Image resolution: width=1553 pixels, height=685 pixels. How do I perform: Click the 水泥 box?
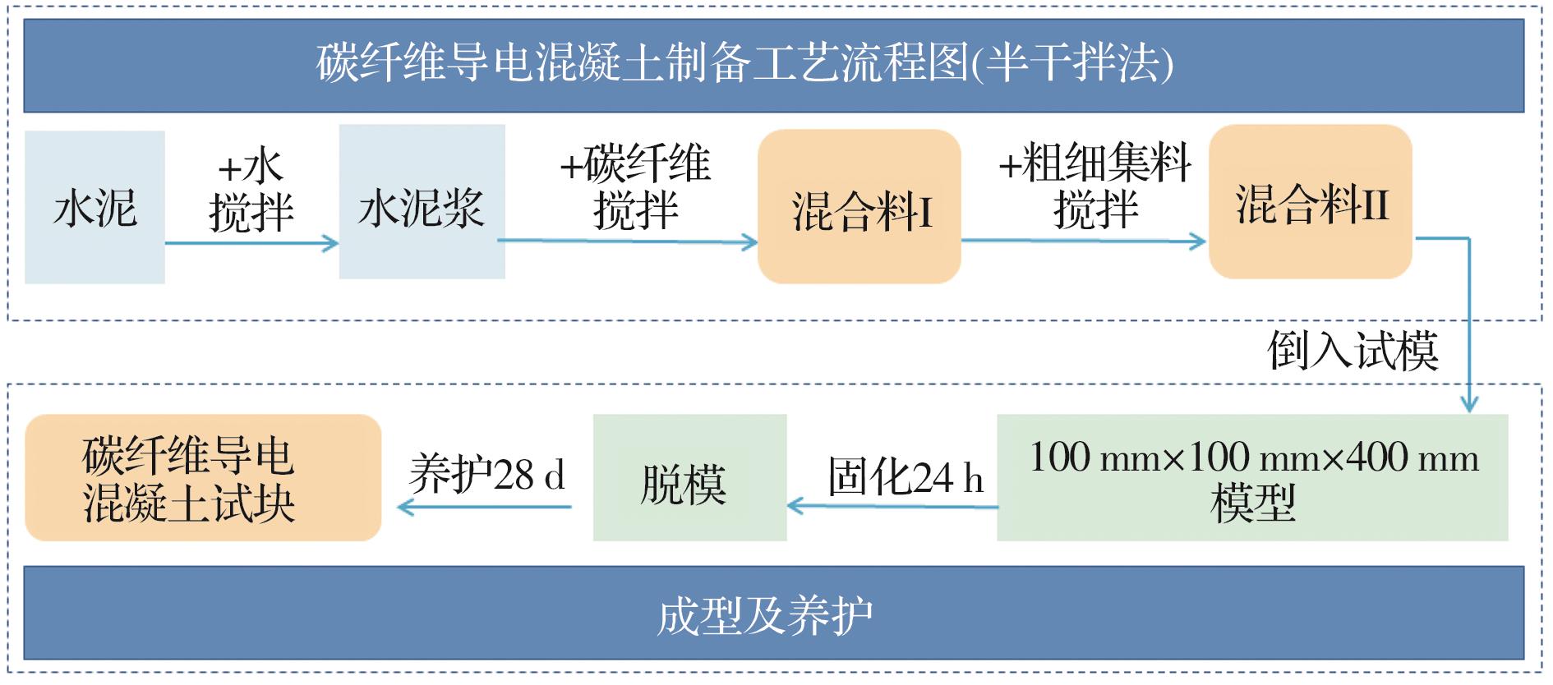(x=94, y=207)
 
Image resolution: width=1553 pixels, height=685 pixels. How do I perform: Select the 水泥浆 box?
(x=422, y=202)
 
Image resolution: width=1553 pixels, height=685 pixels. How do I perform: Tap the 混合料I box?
(x=859, y=206)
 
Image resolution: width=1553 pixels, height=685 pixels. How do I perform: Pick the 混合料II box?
(x=1310, y=202)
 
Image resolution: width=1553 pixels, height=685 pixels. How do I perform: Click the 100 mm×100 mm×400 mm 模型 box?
(x=1252, y=477)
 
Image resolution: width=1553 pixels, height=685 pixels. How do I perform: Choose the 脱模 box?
(x=689, y=477)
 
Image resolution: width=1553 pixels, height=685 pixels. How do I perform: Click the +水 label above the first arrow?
(x=251, y=168)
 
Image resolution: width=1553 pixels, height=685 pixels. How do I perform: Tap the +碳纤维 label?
(x=634, y=164)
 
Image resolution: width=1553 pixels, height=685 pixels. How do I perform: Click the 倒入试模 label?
(x=1352, y=351)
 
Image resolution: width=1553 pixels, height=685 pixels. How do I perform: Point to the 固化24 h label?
(x=905, y=477)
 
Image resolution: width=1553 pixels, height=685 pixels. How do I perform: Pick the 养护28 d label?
(x=486, y=475)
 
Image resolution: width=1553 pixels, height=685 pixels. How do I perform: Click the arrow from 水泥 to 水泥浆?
(x=251, y=243)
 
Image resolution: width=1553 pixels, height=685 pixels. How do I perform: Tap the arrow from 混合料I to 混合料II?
(x=1083, y=241)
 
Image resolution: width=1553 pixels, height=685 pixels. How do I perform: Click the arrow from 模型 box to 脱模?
(x=892, y=506)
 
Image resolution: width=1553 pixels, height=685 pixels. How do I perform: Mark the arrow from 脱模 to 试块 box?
(x=485, y=507)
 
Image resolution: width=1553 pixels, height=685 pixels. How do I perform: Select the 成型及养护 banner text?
(x=764, y=615)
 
